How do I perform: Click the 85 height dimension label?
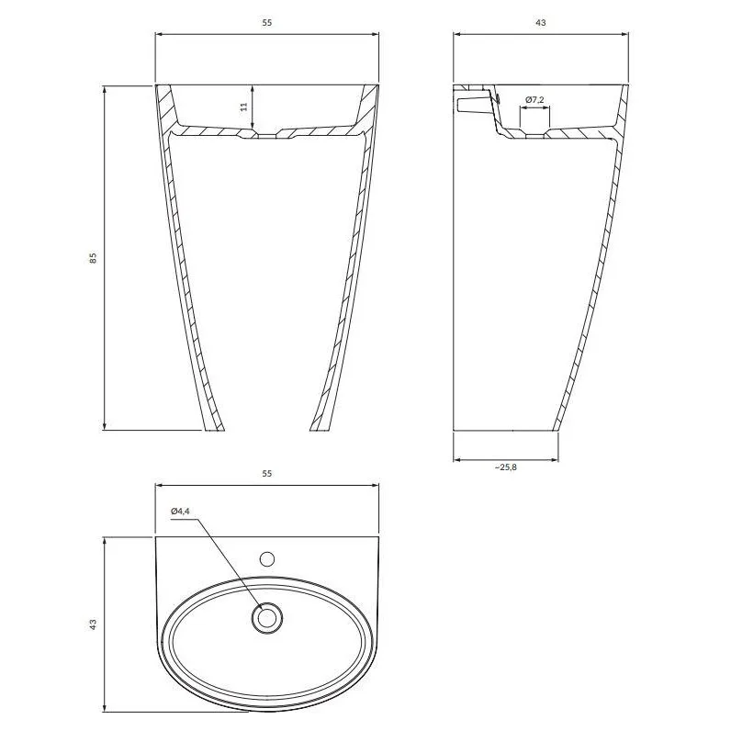click(94, 258)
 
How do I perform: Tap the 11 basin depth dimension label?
click(244, 107)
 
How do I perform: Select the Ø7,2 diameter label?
click(534, 100)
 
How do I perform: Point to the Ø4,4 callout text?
click(180, 511)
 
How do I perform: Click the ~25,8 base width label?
click(506, 467)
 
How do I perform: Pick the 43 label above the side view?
click(541, 22)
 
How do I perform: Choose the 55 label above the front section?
click(266, 22)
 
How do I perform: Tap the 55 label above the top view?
click(266, 474)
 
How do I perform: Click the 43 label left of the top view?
click(94, 624)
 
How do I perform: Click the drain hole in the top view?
click(267, 618)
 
